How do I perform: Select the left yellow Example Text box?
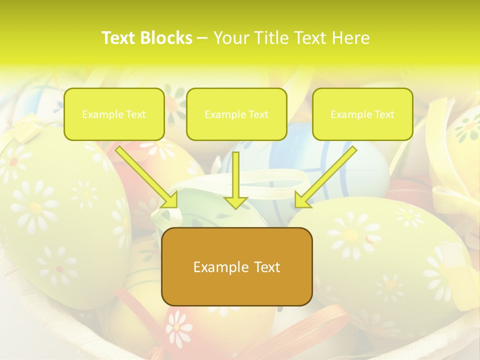point(114,114)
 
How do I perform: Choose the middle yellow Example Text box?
point(236,114)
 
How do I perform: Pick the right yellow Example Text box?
point(362,114)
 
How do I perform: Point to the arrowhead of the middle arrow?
point(236,202)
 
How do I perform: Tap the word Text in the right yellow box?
point(384,114)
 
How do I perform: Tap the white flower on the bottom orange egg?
point(178,328)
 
